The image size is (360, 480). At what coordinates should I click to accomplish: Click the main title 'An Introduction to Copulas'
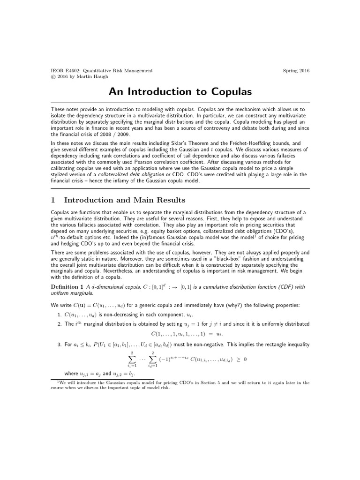180,91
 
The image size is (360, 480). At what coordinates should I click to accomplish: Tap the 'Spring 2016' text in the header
296,71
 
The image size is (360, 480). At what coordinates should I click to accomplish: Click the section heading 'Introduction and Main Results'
124,200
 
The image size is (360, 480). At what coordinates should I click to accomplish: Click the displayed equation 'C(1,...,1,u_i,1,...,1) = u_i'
187,334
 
